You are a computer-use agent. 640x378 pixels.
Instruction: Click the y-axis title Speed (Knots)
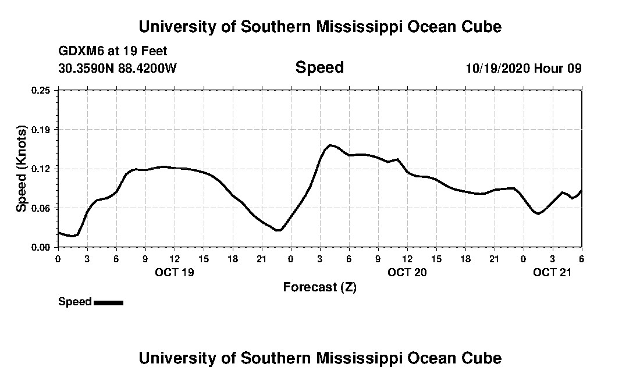pos(22,168)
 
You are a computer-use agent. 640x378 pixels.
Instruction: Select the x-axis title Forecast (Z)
pos(319,287)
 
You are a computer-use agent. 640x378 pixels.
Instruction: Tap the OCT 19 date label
pos(174,272)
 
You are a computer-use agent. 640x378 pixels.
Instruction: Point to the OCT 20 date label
pos(407,272)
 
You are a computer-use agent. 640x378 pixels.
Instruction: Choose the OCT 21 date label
pos(553,272)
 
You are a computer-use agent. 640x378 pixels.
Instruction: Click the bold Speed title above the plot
pos(319,67)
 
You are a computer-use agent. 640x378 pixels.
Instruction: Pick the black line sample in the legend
pos(109,302)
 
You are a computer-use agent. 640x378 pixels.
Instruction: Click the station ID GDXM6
pos(80,52)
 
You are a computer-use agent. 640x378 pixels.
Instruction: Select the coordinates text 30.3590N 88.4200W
pos(118,69)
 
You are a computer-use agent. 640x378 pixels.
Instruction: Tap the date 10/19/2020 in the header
pos(497,69)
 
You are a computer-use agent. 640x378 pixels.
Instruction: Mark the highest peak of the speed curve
pos(330,145)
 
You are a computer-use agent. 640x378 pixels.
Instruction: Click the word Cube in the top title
pos(480,27)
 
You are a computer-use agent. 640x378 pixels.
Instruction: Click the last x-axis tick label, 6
pos(581,258)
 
